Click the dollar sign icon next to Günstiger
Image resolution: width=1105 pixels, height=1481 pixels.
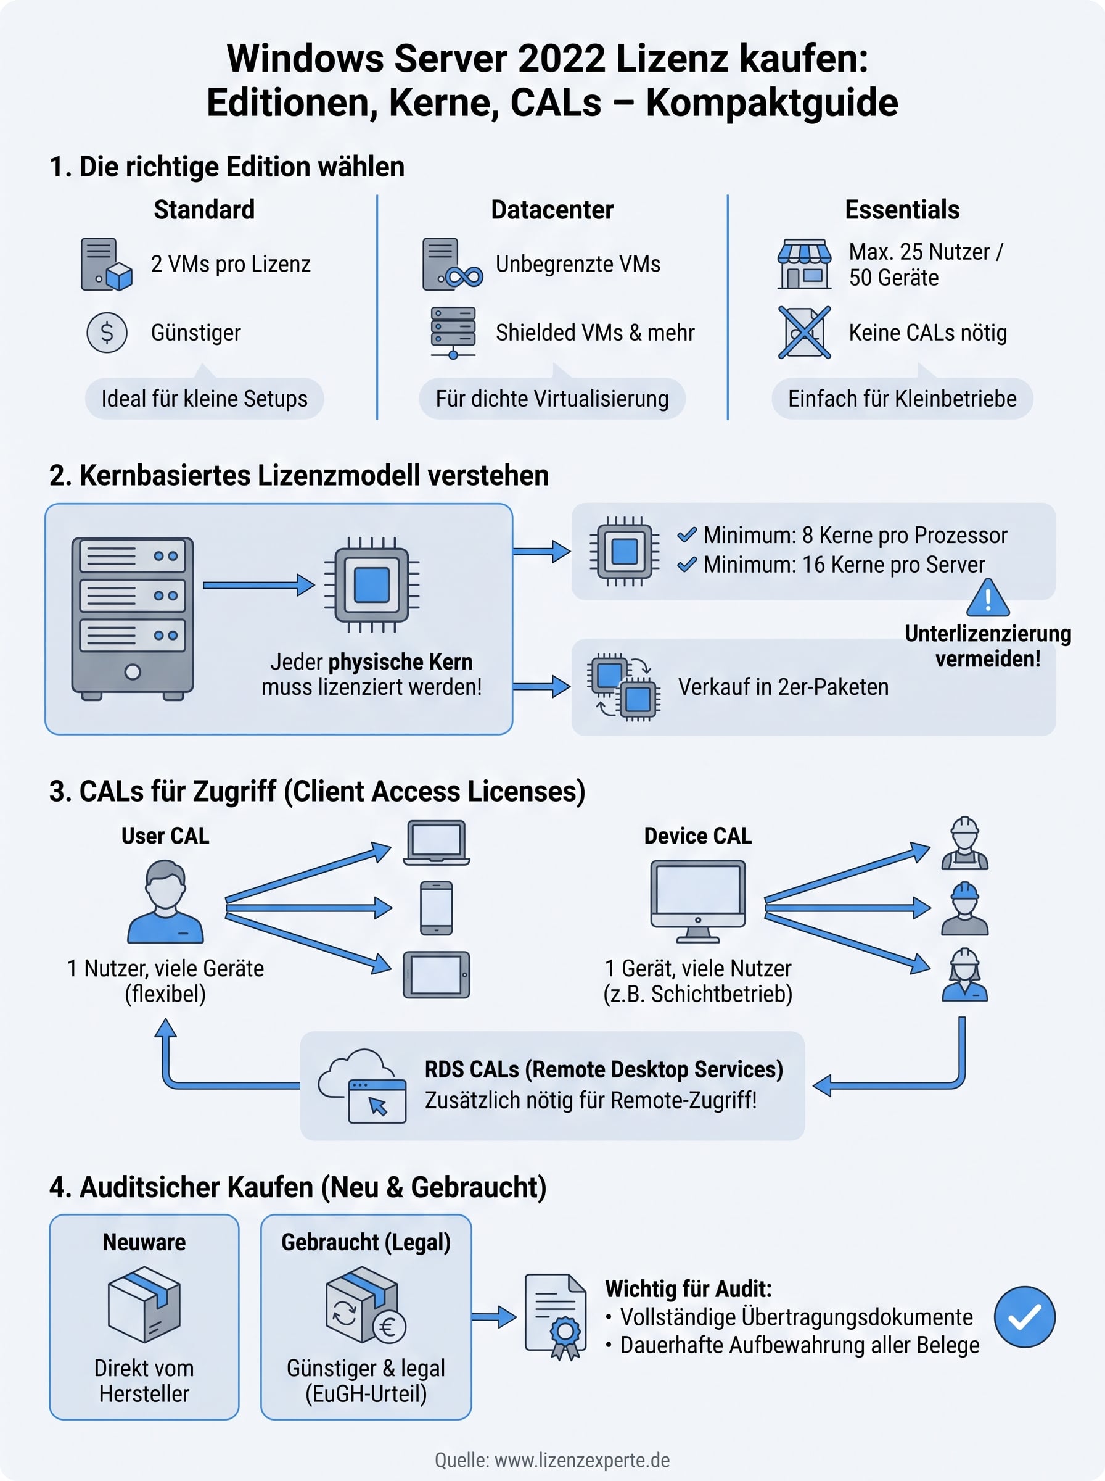click(x=106, y=333)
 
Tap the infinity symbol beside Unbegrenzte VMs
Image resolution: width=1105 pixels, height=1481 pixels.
click(x=464, y=276)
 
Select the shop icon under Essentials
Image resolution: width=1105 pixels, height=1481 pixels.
click(x=804, y=263)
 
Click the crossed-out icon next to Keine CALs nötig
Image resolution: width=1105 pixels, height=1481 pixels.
click(x=804, y=333)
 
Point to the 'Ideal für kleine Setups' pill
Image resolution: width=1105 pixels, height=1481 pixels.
click(x=204, y=399)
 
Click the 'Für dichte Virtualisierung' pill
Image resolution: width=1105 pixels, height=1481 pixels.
click(x=552, y=399)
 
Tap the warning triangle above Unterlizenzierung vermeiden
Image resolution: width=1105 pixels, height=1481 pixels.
click(x=988, y=597)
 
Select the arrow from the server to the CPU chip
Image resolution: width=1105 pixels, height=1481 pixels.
click(x=258, y=585)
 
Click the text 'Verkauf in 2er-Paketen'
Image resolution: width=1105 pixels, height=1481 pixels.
click(x=783, y=687)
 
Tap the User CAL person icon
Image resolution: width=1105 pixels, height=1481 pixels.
click(x=165, y=902)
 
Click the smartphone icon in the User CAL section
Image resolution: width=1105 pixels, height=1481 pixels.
click(x=436, y=908)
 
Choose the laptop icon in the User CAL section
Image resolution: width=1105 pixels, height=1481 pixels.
click(x=436, y=842)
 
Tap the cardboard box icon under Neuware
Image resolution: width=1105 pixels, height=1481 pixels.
click(x=144, y=1305)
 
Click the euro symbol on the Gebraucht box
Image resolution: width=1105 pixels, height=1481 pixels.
click(x=388, y=1327)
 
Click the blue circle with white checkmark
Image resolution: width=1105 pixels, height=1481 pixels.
click(x=1024, y=1316)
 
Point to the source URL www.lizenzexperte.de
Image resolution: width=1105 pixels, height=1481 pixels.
click(x=582, y=1459)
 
